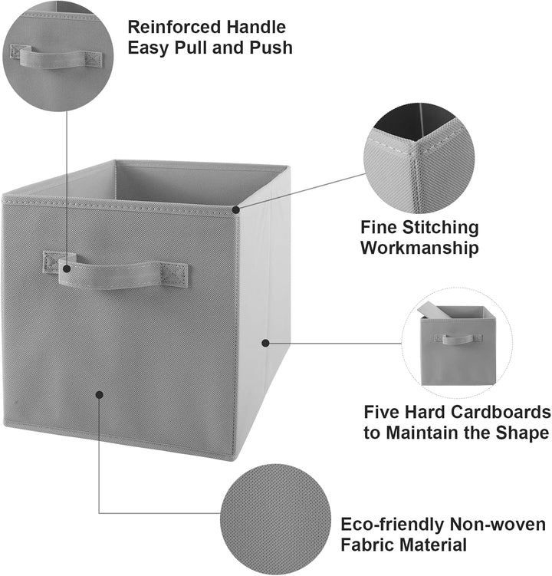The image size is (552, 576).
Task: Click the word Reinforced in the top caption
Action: [x=174, y=27]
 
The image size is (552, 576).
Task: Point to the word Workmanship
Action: [x=419, y=248]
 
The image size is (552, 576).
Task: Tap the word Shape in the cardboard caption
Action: [x=523, y=433]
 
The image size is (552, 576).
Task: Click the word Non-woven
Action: [x=498, y=524]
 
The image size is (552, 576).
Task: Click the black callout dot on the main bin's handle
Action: [x=67, y=268]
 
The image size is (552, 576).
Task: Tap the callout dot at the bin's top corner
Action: [x=236, y=209]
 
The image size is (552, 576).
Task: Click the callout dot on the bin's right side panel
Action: [x=265, y=343]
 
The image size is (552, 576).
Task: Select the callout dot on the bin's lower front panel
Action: [x=99, y=394]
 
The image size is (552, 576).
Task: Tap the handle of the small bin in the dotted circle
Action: [x=458, y=339]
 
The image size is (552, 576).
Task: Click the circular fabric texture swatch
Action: [x=275, y=519]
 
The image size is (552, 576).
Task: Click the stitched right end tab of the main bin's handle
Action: [x=175, y=275]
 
